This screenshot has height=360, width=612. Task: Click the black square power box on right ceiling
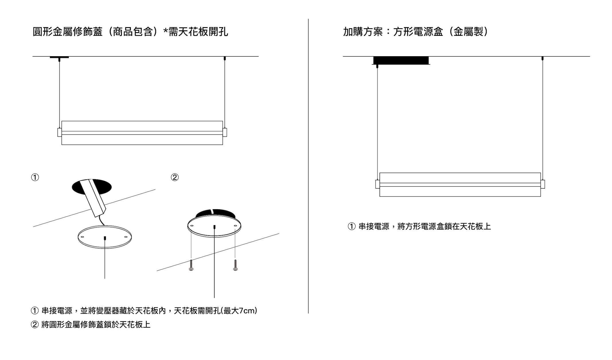(401, 60)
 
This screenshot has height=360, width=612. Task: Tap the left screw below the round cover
(191, 265)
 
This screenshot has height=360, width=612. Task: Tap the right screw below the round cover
(235, 265)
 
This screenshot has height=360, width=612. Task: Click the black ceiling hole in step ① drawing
(92, 187)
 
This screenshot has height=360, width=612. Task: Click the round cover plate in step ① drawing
(105, 237)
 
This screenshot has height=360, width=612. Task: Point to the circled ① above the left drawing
(35, 177)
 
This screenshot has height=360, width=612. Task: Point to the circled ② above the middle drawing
(175, 177)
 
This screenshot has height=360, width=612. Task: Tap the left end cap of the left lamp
(60, 132)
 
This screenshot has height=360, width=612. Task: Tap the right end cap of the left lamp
(225, 132)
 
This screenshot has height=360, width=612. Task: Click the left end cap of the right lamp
(378, 184)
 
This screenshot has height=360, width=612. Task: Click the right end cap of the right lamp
(543, 184)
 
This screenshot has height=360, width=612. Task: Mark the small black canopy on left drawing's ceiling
(59, 57)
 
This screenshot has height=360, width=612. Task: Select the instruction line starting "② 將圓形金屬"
(91, 325)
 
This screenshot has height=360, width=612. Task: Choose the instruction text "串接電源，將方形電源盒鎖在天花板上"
(425, 227)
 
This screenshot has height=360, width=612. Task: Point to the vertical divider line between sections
(308, 166)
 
